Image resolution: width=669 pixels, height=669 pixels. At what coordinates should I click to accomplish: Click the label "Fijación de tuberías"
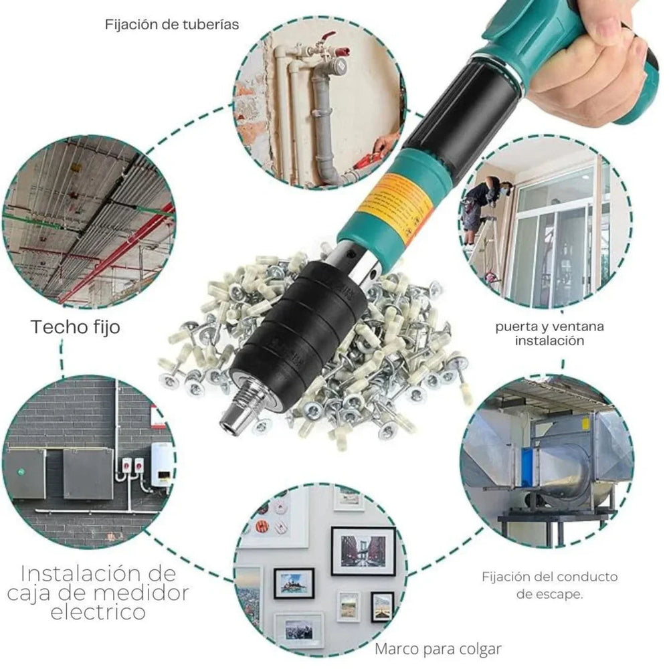(172, 24)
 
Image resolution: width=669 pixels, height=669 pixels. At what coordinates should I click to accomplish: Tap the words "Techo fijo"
(75, 327)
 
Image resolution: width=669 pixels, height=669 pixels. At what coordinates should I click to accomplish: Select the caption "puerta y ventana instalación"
(549, 333)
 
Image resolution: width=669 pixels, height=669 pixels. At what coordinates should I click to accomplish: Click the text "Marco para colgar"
(438, 648)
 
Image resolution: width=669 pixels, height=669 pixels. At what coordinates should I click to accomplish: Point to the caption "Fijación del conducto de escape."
(549, 584)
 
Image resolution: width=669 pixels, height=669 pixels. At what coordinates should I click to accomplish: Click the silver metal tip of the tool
(234, 419)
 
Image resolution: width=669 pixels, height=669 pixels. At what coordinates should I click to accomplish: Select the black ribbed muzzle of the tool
(301, 334)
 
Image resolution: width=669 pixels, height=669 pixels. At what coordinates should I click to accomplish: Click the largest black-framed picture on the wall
(363, 551)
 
